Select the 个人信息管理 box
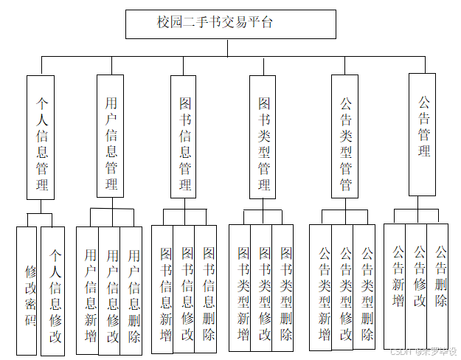(41, 136)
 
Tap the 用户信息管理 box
(111, 136)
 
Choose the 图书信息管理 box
(184, 136)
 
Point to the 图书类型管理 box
(263, 136)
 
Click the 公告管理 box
(424, 134)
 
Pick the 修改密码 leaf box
(27, 291)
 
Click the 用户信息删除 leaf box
(132, 290)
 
